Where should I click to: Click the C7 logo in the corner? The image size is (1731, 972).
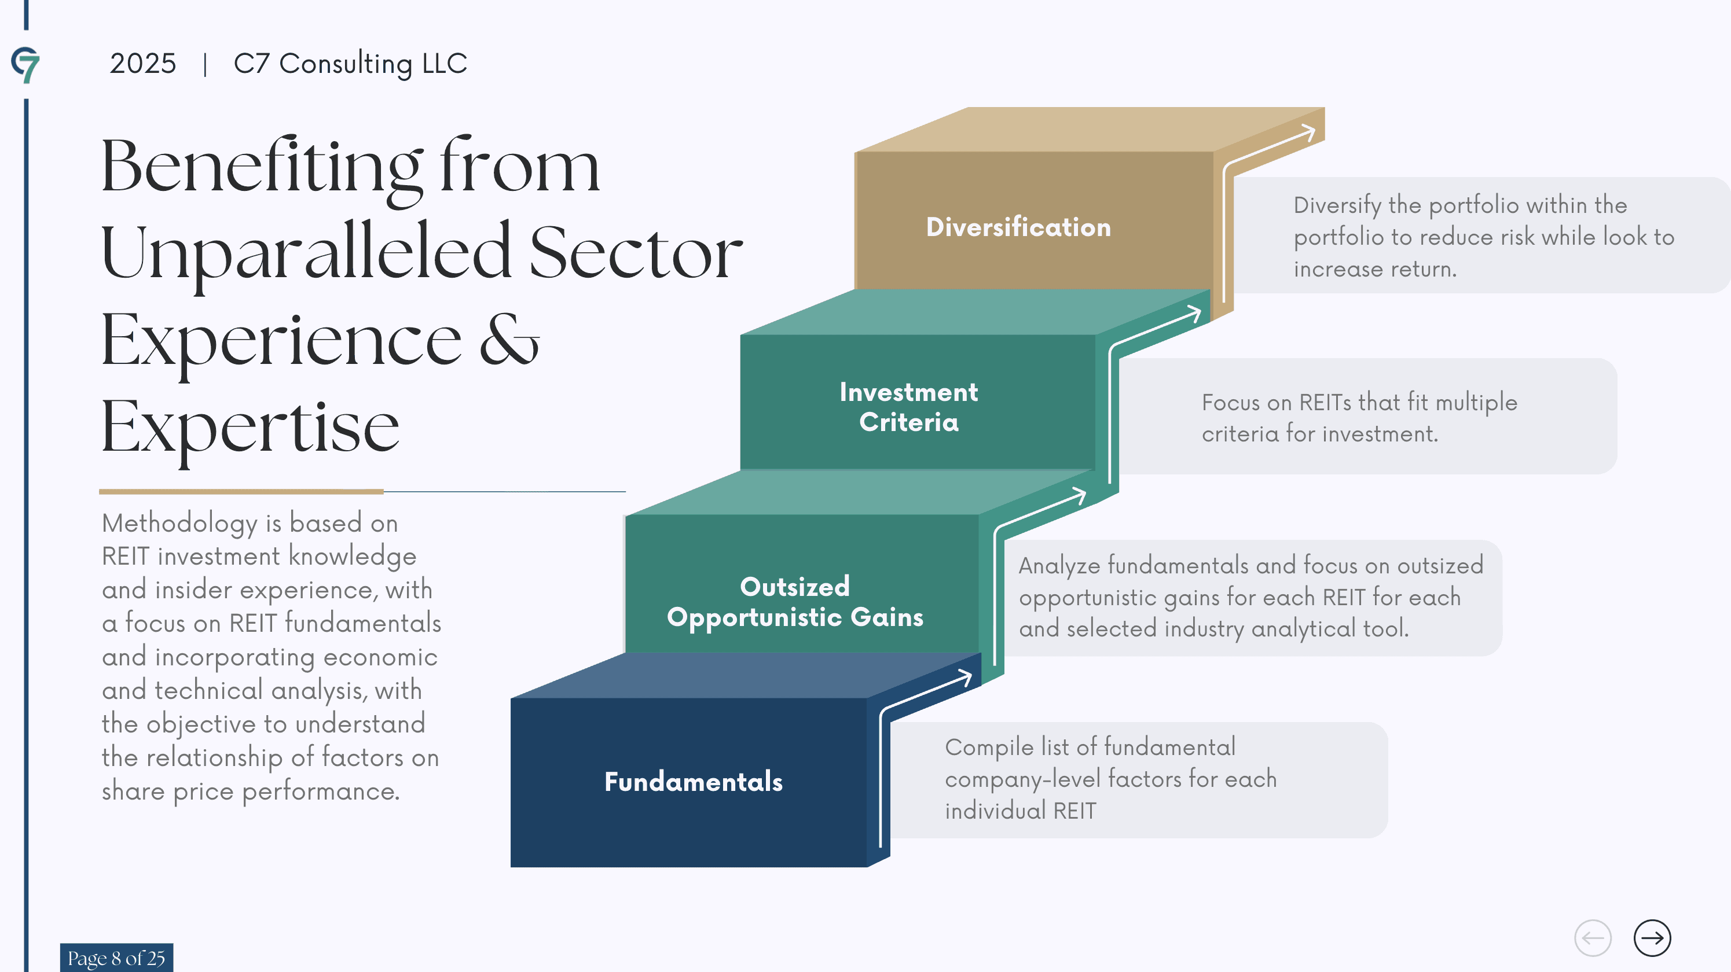[x=25, y=64]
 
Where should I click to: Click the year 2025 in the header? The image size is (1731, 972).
[x=142, y=64]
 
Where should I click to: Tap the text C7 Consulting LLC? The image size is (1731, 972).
[x=350, y=64]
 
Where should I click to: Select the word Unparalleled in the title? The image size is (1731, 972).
[x=306, y=253]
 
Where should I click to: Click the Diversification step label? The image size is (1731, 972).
[x=1018, y=227]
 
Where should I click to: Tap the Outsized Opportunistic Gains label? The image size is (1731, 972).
[x=795, y=601]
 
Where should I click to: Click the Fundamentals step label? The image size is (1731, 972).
[x=694, y=781]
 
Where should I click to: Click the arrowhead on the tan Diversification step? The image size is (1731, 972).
[x=1308, y=132]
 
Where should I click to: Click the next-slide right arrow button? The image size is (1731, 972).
[x=1652, y=938]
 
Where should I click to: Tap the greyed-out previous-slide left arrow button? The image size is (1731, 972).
[x=1593, y=938]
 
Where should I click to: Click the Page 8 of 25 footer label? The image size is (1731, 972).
[x=116, y=958]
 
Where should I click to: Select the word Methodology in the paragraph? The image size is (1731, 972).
[x=179, y=523]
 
